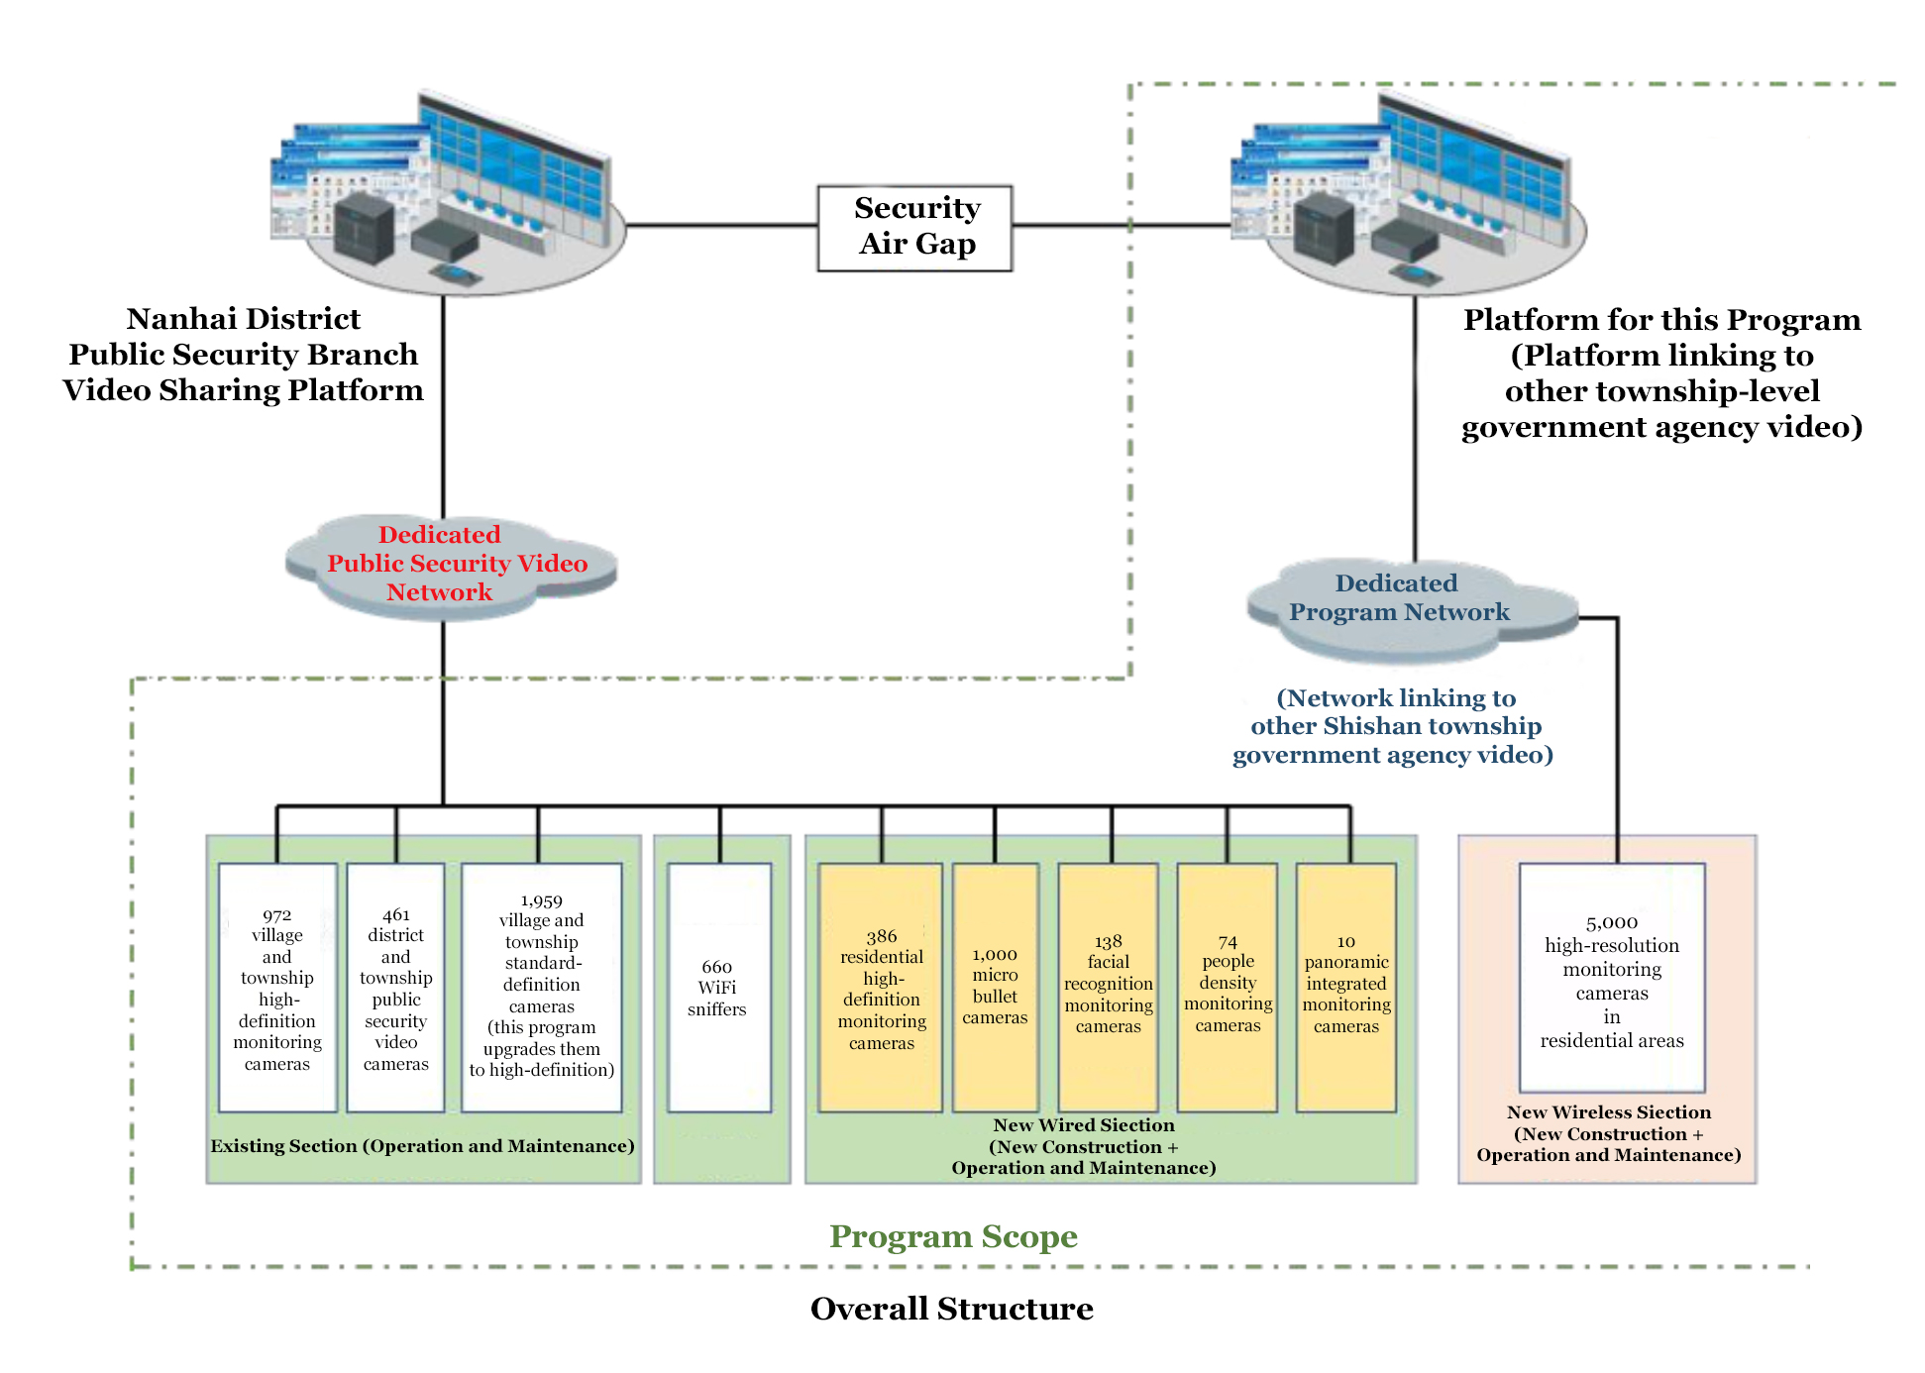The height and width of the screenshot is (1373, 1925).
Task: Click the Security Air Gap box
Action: (x=914, y=227)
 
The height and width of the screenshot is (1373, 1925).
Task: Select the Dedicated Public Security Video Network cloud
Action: (x=450, y=564)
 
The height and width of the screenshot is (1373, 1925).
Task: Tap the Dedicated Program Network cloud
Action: (x=1407, y=603)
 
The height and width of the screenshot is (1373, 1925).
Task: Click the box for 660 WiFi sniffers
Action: (x=718, y=988)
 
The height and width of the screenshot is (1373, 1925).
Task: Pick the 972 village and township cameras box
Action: (x=277, y=988)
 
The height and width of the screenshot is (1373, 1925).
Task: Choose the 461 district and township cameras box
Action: (x=395, y=988)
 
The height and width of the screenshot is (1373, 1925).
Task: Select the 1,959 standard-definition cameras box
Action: (x=541, y=988)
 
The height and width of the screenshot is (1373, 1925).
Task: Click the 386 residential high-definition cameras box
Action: (x=881, y=988)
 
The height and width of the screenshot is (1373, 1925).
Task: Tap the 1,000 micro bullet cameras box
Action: (x=995, y=988)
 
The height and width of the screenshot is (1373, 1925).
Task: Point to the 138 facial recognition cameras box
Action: (x=1108, y=988)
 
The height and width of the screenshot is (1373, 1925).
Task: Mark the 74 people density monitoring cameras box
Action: (x=1227, y=988)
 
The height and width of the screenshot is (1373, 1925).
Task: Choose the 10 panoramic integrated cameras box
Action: (x=1345, y=988)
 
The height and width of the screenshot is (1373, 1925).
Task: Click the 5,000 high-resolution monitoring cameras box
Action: (x=1612, y=978)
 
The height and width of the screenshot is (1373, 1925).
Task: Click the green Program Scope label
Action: (x=953, y=1236)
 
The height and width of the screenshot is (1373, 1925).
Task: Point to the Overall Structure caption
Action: (x=951, y=1309)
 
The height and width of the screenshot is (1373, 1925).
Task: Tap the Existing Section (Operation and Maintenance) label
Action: (x=422, y=1146)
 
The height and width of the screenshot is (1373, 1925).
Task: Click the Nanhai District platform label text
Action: (x=244, y=355)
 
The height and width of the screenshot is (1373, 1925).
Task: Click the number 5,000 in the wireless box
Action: (x=1612, y=922)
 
